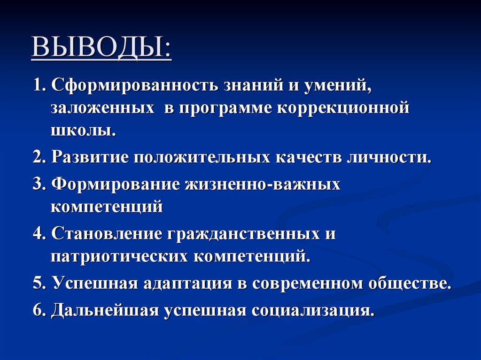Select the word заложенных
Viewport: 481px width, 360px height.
(103, 108)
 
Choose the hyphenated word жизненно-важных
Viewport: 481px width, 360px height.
(263, 184)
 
